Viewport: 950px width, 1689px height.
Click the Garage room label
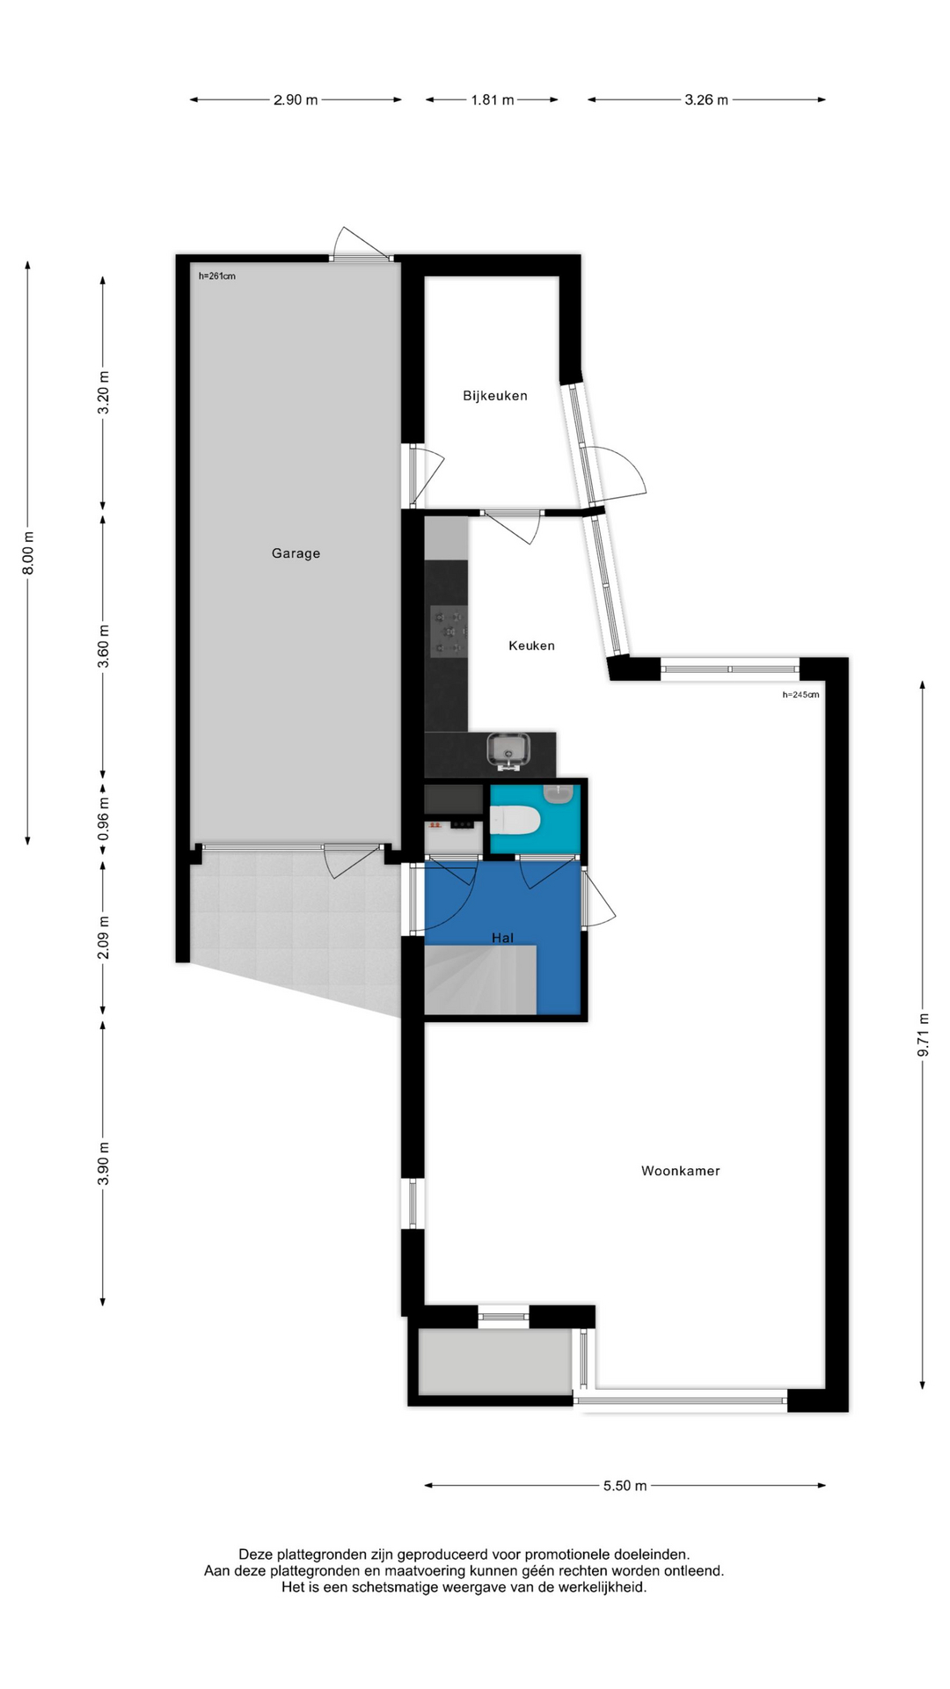pos(296,553)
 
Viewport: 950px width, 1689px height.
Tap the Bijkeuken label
pos(495,396)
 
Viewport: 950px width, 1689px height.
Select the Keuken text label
pos(531,646)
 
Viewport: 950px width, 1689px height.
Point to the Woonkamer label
pos(681,1171)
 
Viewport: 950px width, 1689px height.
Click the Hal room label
pos(502,938)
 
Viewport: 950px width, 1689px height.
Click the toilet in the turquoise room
pos(515,821)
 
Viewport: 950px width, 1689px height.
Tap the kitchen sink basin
pos(509,750)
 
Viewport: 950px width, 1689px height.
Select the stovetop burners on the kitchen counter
pos(449,631)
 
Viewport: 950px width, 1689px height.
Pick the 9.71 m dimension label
pos(923,1035)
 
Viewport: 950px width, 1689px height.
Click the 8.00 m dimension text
pos(28,552)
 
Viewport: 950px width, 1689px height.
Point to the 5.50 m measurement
pos(625,1486)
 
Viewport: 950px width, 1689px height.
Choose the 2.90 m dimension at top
pos(296,100)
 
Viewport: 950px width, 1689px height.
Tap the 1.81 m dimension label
pos(493,100)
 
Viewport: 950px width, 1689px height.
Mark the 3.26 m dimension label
pos(706,100)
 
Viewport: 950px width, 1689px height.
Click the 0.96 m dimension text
pos(104,818)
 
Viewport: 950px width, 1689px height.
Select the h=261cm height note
pos(217,276)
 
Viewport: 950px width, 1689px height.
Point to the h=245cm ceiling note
pos(800,695)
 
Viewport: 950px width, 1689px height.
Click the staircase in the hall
pos(480,980)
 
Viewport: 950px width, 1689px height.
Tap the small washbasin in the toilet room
pos(559,793)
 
